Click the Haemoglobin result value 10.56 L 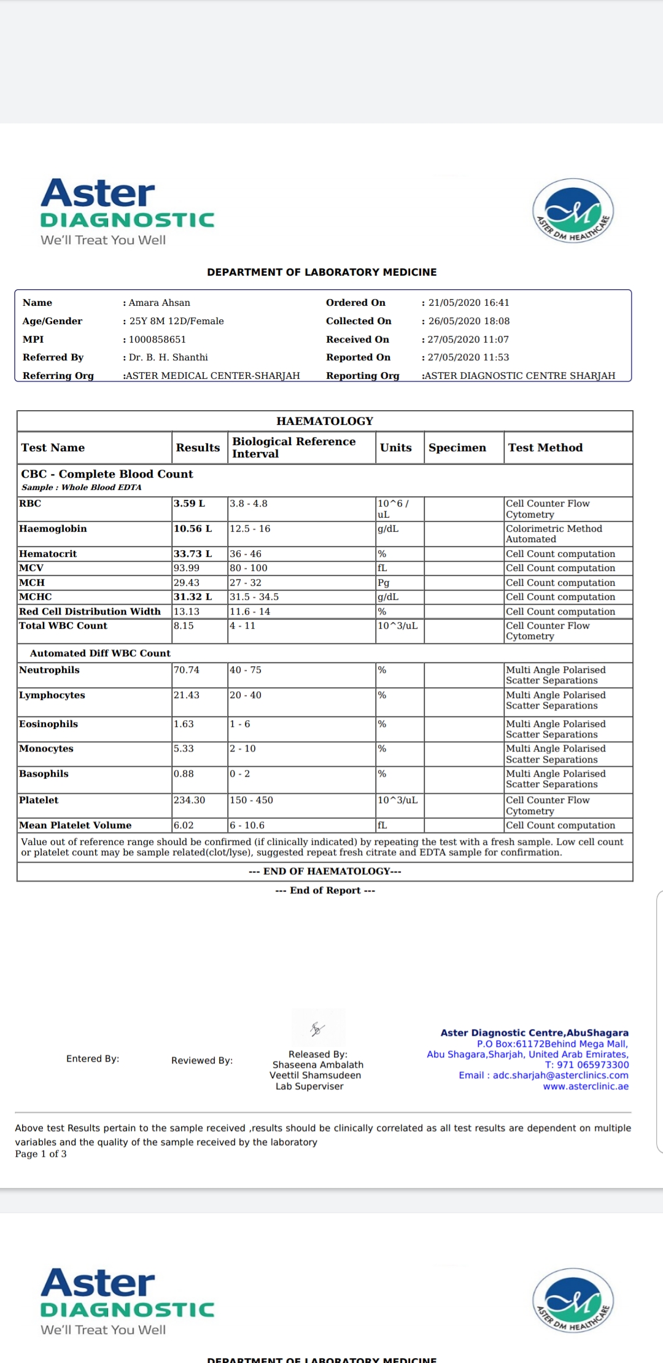pos(193,529)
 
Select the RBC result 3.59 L pos(189,503)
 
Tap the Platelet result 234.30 pos(189,800)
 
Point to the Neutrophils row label pos(49,670)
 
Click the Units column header pos(396,448)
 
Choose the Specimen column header pos(457,448)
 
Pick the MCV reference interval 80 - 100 pos(249,568)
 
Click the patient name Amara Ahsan pos(160,303)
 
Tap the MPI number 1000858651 pos(157,340)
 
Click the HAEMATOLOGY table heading pos(325,421)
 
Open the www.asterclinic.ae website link pos(586,1086)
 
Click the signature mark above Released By pos(317,1029)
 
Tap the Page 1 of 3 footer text pos(41,1154)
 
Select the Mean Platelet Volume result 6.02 pos(184,825)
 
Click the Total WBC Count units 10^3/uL pos(398,626)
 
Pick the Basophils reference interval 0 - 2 pos(240,774)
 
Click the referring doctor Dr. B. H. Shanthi pos(168,357)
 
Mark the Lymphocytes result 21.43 pos(187,695)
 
